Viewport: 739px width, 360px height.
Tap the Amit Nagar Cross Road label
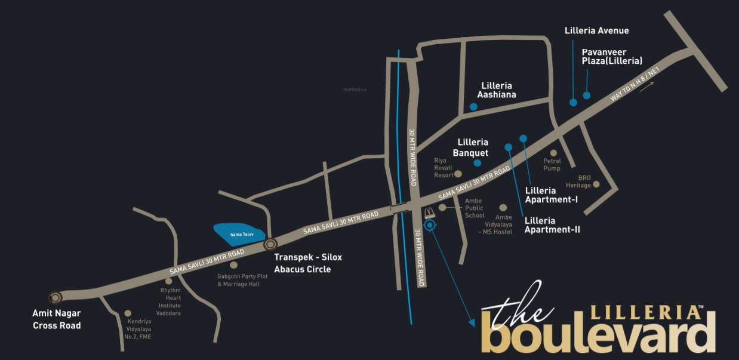pos(57,319)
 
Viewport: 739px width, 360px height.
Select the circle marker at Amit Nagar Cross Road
pos(56,297)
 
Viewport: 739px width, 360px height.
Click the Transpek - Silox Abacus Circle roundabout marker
pos(270,244)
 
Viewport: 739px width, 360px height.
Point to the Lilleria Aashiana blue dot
pos(473,107)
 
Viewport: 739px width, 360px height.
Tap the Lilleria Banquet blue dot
pos(478,163)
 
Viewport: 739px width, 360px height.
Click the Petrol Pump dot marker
pos(553,153)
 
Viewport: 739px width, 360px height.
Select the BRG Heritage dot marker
pos(596,184)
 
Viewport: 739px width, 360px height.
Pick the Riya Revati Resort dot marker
pos(458,174)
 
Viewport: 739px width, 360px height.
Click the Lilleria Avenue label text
pos(596,30)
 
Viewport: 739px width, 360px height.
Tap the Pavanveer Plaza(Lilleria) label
pos(612,56)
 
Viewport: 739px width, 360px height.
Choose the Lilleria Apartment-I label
pos(551,195)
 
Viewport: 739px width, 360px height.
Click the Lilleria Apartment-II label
pos(552,225)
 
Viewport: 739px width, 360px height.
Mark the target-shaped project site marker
pos(431,224)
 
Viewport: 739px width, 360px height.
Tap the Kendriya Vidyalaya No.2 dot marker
pos(128,313)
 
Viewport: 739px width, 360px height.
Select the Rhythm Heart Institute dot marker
pos(168,281)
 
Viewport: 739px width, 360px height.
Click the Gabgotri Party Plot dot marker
pos(233,264)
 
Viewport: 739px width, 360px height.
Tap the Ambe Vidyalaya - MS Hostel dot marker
pos(503,207)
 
